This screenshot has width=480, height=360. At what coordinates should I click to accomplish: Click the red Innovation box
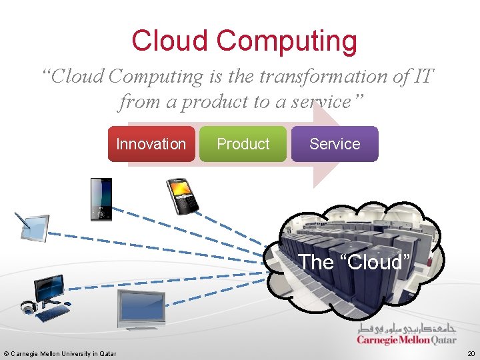coord(151,144)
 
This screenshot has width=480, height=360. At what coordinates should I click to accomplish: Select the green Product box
coord(243,144)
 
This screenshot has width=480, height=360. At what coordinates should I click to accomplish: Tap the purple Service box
coord(335,144)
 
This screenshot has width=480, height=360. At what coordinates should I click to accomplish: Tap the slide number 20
coord(471,353)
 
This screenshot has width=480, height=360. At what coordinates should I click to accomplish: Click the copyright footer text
coord(60,353)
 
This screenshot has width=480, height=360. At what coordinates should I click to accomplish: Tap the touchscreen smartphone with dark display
coord(101,199)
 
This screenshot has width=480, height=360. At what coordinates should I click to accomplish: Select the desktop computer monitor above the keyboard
coord(50,289)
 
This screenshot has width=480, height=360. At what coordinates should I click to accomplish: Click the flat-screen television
coord(141,309)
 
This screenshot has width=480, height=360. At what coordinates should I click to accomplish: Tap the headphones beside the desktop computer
coord(28,307)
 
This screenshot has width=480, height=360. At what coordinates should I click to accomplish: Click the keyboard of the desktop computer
coord(53,312)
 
